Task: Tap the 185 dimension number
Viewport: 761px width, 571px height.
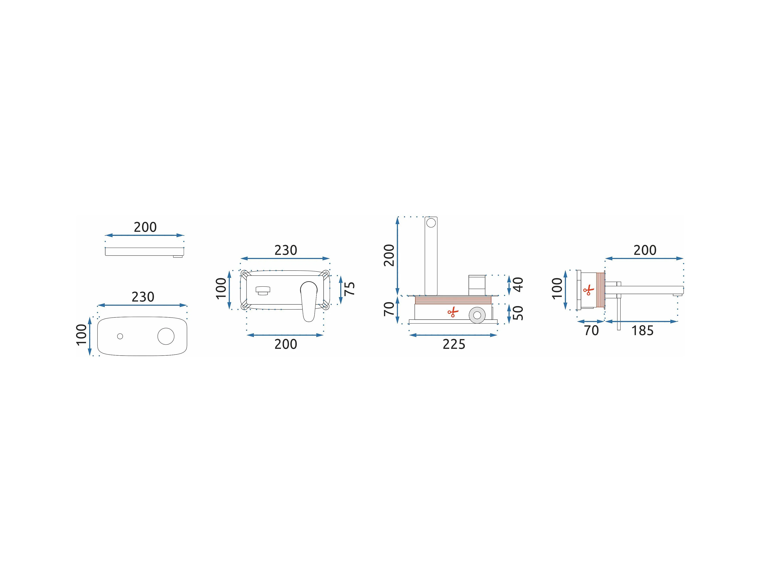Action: [642, 331]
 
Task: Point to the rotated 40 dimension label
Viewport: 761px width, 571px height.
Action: [518, 285]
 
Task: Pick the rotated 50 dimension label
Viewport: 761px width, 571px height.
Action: [518, 313]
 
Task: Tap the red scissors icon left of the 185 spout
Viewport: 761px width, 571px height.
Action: [589, 290]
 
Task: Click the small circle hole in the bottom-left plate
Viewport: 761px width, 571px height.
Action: [120, 336]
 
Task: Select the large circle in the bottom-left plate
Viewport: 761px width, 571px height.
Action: [166, 336]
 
